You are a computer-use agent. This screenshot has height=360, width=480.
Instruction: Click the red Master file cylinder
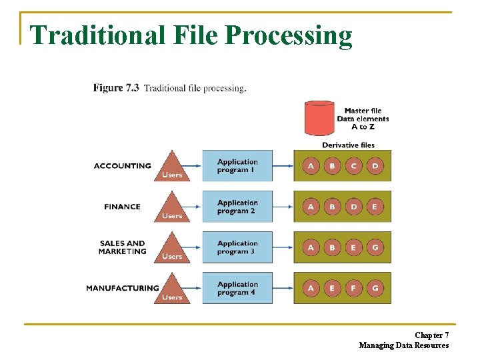coord(318,118)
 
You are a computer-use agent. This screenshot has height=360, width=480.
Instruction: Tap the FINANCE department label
coord(122,207)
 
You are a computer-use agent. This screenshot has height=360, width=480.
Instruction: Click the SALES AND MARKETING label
coord(122,247)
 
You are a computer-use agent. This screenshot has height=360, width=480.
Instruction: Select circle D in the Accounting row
coord(375,166)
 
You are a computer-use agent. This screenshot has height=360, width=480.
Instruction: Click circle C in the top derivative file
coord(353,166)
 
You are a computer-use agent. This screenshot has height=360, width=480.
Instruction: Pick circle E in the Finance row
coord(375,207)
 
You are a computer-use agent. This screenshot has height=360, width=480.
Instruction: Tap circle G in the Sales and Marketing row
coord(375,247)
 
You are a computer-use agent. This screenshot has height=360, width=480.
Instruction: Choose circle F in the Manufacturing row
coord(353,288)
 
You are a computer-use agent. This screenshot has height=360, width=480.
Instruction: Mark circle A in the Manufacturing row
coord(311,288)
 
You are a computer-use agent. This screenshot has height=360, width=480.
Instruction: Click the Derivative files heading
coord(348,145)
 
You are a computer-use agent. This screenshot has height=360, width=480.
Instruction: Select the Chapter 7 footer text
coord(431,335)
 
